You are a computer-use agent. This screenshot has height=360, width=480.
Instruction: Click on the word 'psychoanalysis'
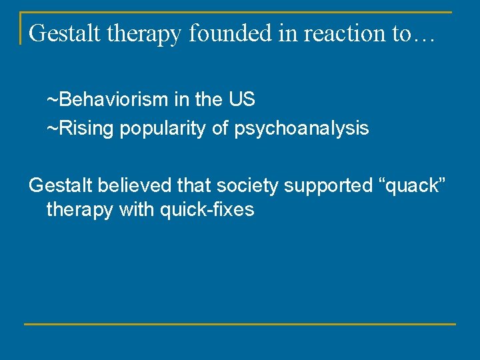[x=301, y=129]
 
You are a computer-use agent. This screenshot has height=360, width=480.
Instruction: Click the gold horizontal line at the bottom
[x=240, y=324]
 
